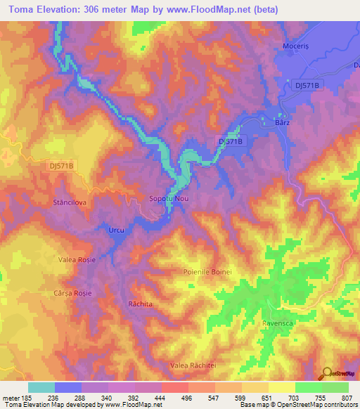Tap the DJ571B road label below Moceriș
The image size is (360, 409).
pos(307,85)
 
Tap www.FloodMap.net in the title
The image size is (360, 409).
pos(214,10)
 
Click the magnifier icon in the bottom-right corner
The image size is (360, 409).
pos(326,373)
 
